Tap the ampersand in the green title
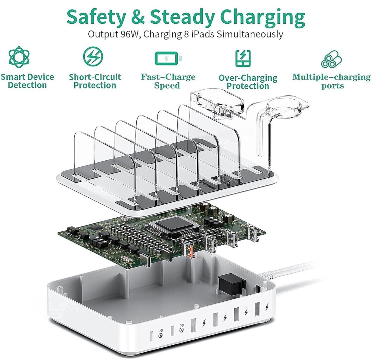(137, 17)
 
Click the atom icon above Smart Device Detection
(19, 57)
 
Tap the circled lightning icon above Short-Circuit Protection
(93, 56)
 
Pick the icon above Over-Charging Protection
(243, 58)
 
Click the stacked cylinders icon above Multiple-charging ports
(331, 59)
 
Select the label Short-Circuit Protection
(95, 81)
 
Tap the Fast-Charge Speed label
(168, 81)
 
